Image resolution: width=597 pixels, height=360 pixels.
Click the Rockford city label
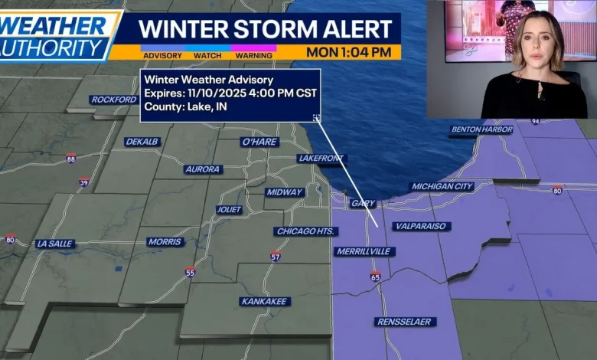click(x=114, y=100)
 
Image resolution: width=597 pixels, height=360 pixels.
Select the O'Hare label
click(x=259, y=142)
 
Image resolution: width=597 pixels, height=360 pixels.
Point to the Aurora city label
click(x=203, y=169)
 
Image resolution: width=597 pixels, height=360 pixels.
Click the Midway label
click(x=285, y=192)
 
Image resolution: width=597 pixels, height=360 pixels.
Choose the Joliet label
click(x=229, y=209)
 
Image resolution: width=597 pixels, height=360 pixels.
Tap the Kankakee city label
click(x=264, y=301)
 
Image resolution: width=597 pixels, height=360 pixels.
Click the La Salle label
click(x=55, y=244)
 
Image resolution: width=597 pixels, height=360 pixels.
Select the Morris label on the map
click(x=165, y=242)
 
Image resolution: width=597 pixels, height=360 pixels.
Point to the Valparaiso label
click(x=421, y=226)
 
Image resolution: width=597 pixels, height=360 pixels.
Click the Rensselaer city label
click(x=406, y=322)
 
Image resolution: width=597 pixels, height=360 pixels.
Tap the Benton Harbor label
click(x=481, y=129)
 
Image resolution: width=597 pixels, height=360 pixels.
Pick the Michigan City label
click(x=442, y=186)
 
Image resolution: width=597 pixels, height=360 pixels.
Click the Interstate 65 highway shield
click(x=375, y=276)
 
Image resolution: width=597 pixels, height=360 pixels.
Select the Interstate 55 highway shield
click(x=190, y=271)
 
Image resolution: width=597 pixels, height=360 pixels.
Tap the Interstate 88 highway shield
click(x=71, y=159)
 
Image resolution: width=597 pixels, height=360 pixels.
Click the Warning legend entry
click(x=254, y=55)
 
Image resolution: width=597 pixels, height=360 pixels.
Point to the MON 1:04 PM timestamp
click(x=348, y=52)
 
